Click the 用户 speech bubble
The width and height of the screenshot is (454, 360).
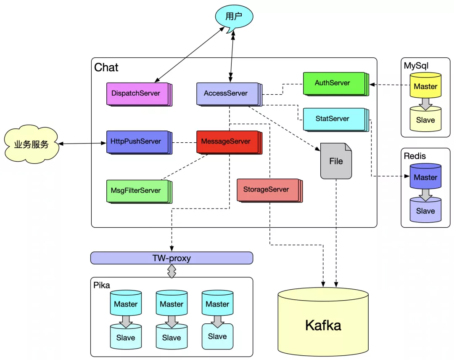[234, 17]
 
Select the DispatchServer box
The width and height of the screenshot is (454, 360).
[136, 93]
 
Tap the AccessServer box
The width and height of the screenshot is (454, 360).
[226, 93]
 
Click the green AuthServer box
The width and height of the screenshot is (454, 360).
[333, 83]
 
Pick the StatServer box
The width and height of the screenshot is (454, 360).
[333, 119]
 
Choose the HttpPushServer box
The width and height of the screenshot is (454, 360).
[136, 141]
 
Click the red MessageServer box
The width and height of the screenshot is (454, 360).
[226, 141]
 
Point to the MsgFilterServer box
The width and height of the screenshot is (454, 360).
[136, 190]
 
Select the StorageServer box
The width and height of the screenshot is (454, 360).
[267, 189]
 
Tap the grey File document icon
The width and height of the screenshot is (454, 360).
[336, 161]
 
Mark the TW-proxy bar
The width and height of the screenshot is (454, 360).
[172, 258]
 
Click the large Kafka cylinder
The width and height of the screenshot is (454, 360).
[323, 324]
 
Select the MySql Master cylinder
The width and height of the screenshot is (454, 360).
[425, 86]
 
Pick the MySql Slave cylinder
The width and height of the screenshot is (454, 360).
[425, 120]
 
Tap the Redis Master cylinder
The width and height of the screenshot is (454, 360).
[425, 177]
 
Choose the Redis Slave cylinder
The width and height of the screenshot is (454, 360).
[425, 211]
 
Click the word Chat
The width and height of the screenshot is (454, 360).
[106, 68]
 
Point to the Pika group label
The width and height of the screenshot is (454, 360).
[102, 285]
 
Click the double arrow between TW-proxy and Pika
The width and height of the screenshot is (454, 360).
[172, 271]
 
